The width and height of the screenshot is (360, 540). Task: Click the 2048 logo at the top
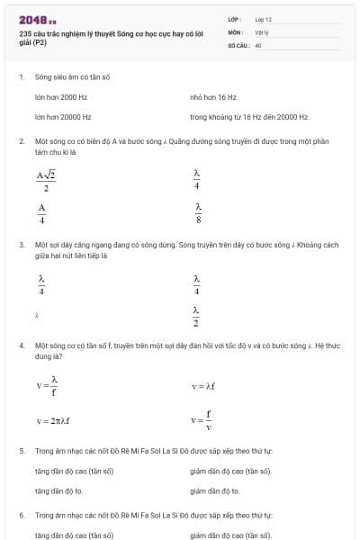point(37,19)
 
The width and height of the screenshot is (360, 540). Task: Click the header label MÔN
point(235,31)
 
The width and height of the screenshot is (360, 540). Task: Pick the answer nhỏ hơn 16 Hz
point(213,96)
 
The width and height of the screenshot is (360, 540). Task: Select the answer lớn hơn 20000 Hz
point(63,117)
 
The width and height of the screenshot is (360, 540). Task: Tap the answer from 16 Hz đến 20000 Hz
point(248,117)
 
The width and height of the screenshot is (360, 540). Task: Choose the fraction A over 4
point(41,212)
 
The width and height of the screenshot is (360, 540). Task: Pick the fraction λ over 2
point(196,315)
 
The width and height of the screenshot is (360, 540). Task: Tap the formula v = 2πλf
point(53,420)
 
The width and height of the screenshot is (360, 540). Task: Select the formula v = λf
point(205,386)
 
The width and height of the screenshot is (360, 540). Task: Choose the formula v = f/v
point(201,420)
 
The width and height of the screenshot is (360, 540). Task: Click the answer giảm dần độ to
point(215,491)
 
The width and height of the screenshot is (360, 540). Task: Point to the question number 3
point(21,244)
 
